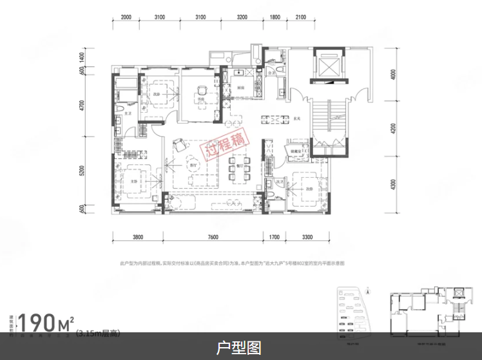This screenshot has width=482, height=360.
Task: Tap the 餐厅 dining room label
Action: pyautogui.click(x=238, y=164)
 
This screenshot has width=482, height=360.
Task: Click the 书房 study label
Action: pyautogui.click(x=201, y=99)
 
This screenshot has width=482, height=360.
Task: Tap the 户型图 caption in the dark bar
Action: pyautogui.click(x=240, y=348)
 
